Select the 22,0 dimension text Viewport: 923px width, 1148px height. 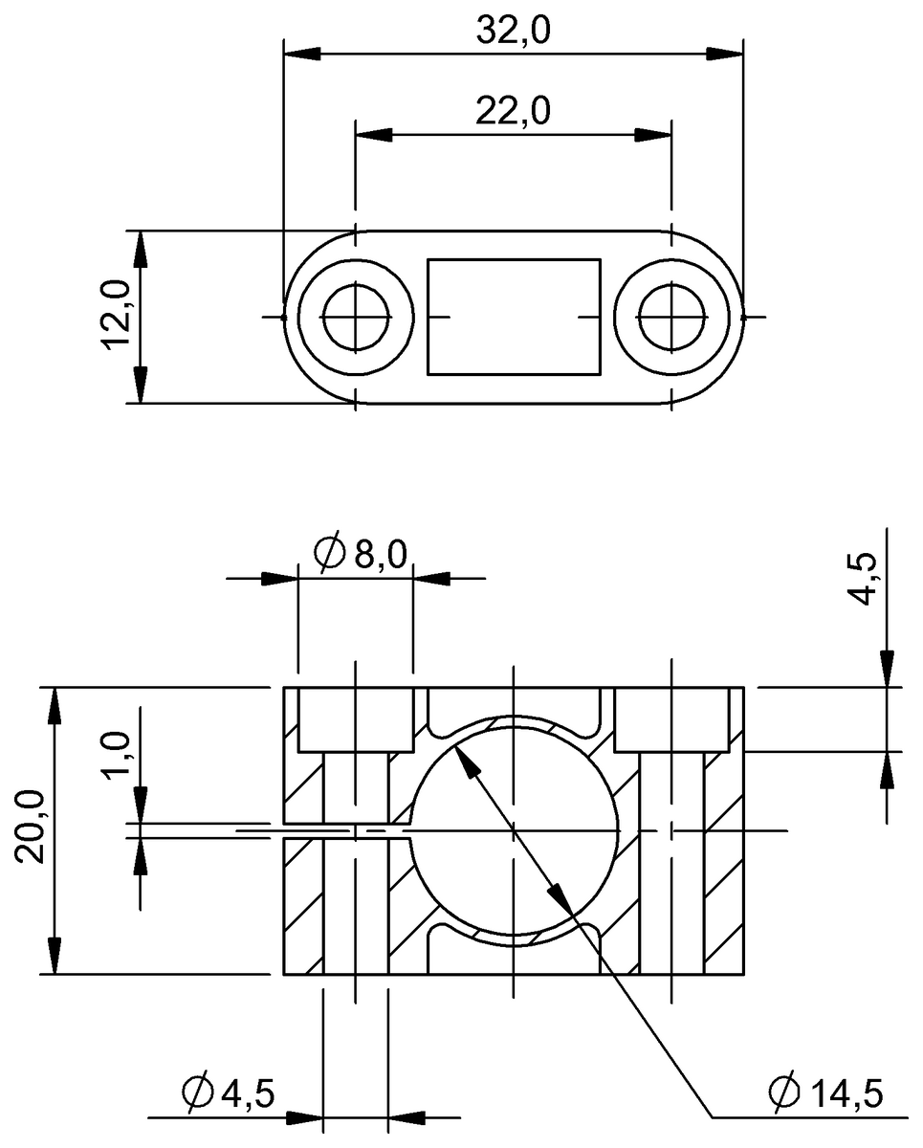point(514,111)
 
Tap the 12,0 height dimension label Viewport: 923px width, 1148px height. point(116,317)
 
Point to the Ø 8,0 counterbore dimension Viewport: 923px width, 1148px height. point(361,554)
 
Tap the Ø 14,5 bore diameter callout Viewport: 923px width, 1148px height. point(824,1092)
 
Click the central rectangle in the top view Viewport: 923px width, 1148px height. point(514,316)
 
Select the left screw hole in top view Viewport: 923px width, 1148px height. point(356,317)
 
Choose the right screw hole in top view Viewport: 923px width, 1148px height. point(672,317)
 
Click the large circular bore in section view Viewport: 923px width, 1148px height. point(514,830)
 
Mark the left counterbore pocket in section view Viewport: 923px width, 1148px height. point(356,719)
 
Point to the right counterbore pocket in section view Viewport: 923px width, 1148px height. point(672,719)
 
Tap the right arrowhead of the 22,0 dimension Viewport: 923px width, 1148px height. point(656,135)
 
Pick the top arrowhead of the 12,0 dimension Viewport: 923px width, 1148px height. point(140,246)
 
